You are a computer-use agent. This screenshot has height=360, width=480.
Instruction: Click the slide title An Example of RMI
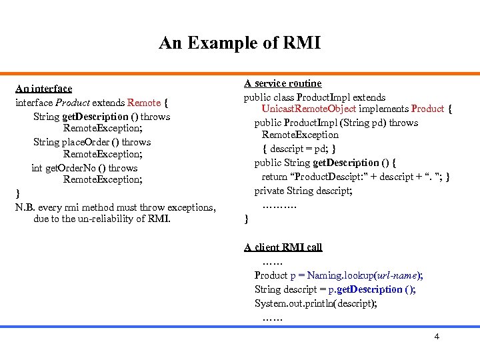coord(239,43)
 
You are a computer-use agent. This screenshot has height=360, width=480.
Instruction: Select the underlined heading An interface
coord(43,88)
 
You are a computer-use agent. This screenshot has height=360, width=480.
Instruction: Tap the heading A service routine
coord(283,83)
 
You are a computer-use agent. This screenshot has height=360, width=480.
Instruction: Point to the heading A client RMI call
coord(283,247)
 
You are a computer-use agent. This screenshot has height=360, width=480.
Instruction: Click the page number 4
coord(437,336)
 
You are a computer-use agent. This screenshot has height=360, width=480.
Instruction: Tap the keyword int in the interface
coord(37,168)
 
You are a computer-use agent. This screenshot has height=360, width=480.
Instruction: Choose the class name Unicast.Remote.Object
coord(309,109)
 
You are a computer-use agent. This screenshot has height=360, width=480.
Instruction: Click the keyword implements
coord(383,109)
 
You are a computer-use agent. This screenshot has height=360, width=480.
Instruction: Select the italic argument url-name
coord(397,275)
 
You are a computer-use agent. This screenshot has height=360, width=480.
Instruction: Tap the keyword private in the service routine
coord(269,191)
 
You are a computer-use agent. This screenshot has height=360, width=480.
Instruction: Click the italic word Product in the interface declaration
coord(72,103)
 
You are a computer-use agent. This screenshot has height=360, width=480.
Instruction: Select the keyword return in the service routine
coord(275,177)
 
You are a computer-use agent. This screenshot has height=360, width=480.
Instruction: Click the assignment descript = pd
coord(300,149)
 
